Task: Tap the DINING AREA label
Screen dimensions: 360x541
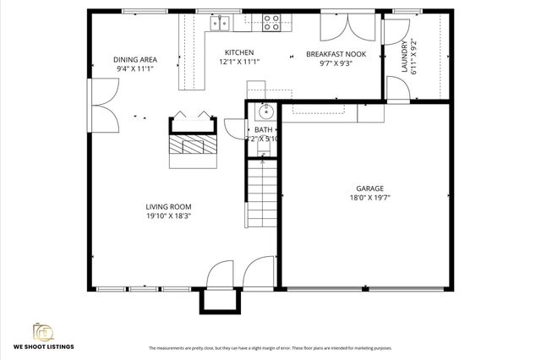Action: tap(135, 59)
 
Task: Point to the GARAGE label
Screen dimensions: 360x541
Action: tap(369, 188)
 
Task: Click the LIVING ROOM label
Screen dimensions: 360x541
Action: tap(168, 206)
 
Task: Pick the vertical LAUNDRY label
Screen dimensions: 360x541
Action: tap(415, 57)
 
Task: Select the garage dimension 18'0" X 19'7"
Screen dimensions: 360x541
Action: tap(369, 199)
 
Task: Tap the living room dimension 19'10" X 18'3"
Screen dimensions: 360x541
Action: tap(168, 216)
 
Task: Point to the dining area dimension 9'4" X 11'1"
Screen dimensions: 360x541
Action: tap(135, 69)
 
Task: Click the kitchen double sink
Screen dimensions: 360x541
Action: tap(219, 21)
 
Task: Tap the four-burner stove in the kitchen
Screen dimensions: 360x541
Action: tap(271, 22)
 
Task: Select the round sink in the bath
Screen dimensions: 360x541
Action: tap(265, 112)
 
